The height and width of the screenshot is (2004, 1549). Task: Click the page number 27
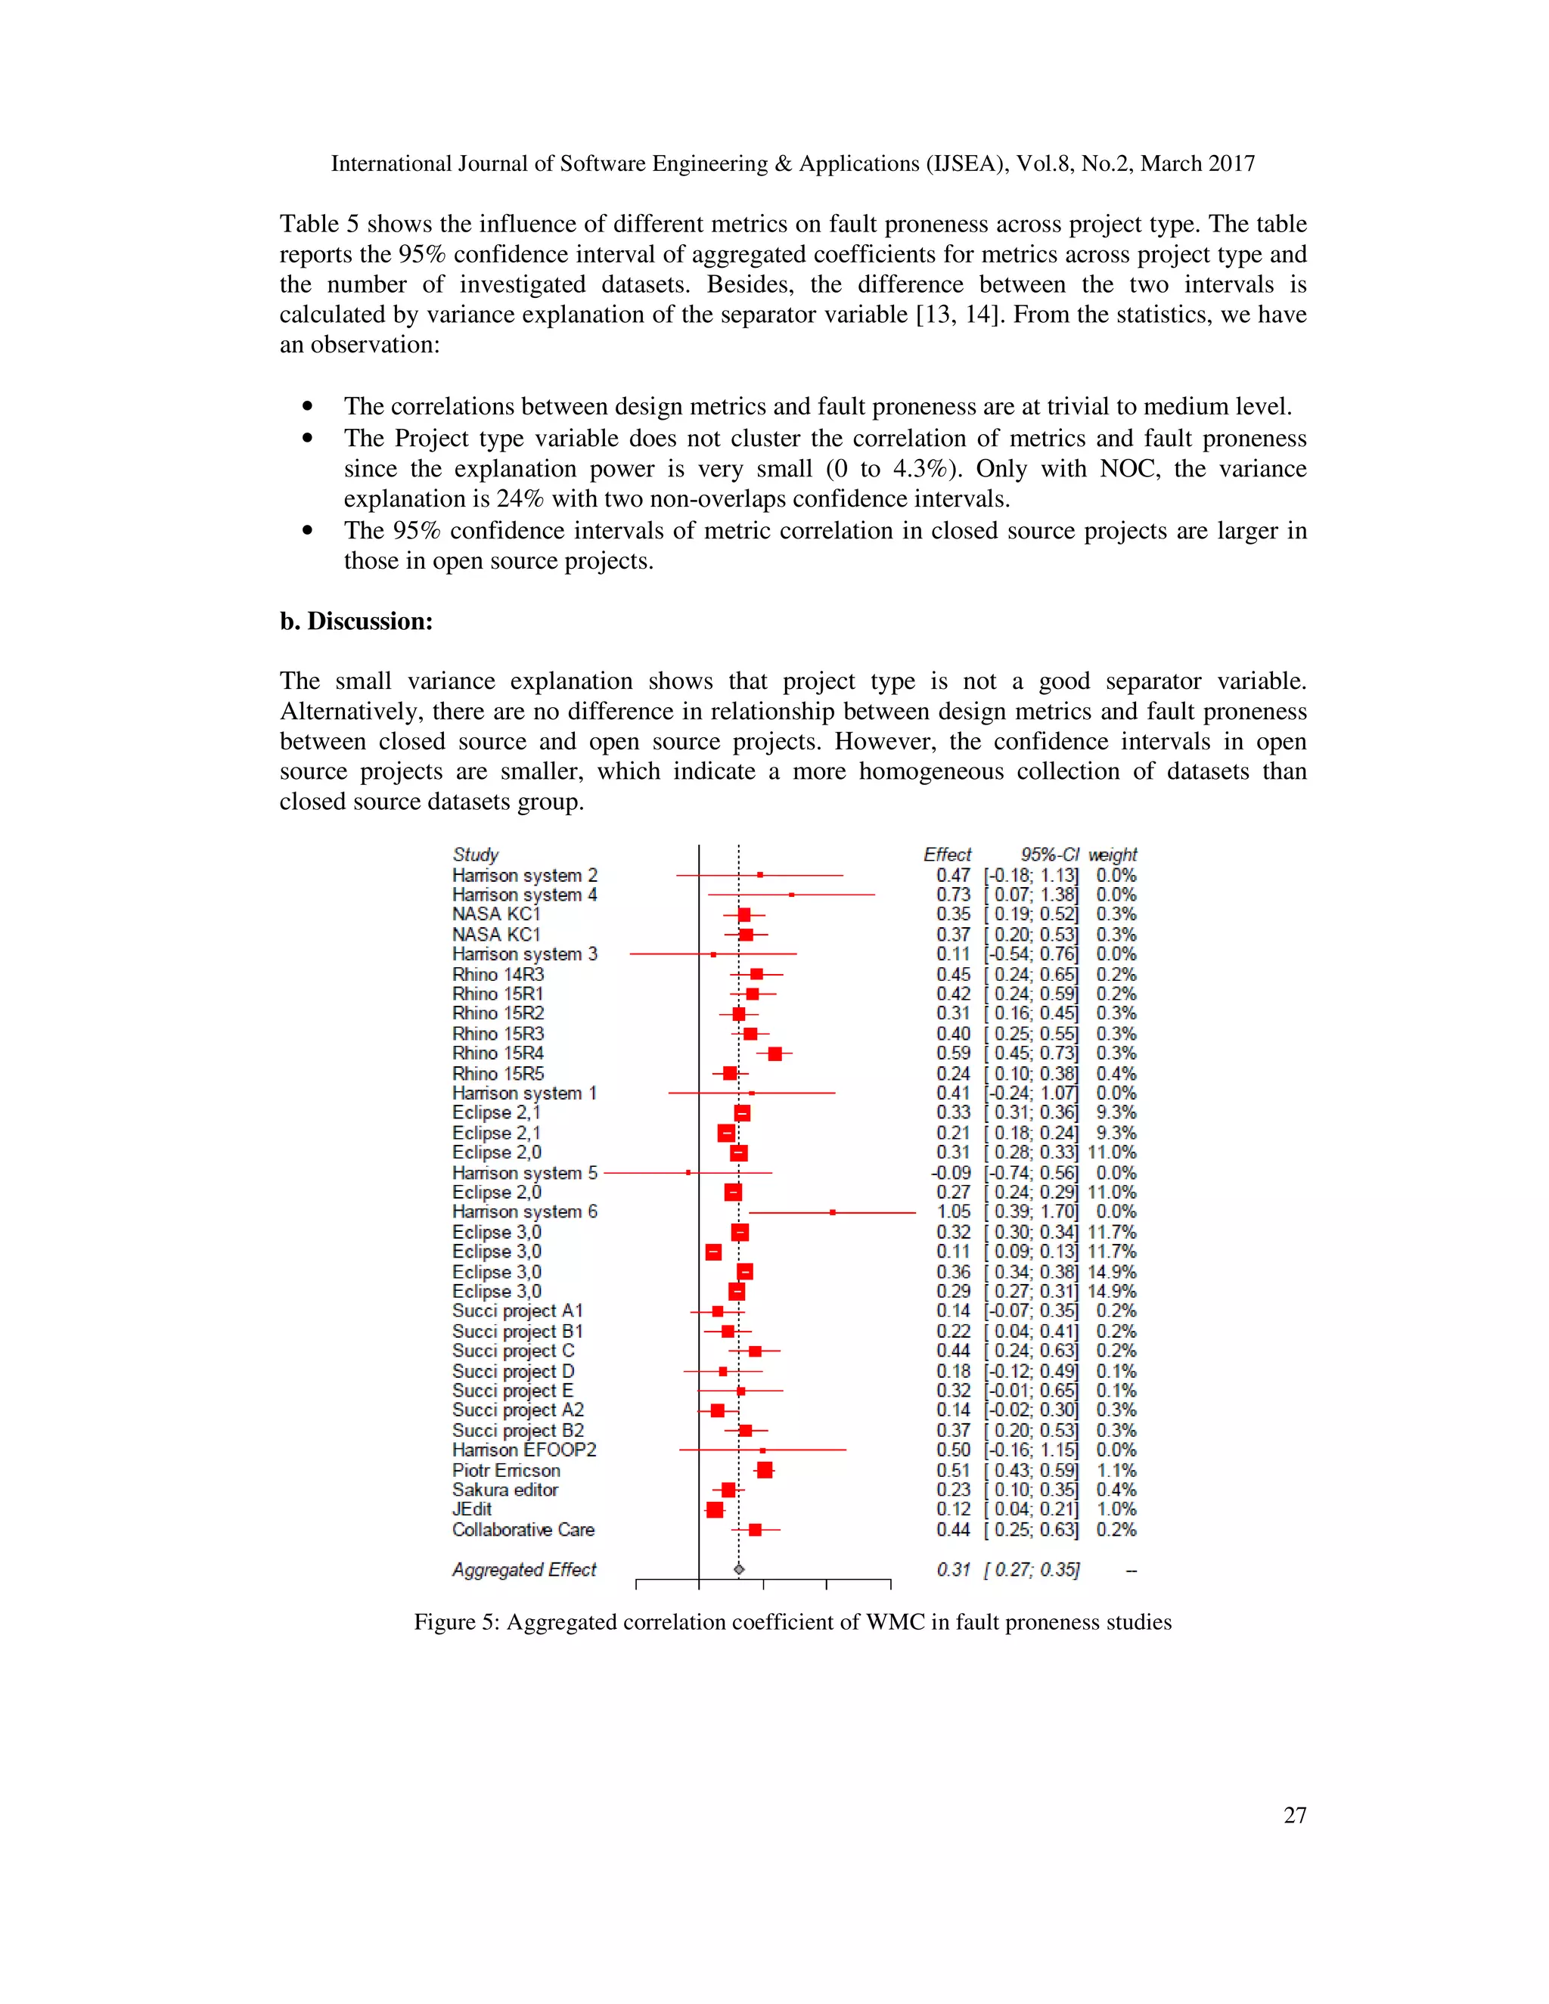click(1294, 1815)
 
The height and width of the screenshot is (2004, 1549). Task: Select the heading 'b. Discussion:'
click(356, 621)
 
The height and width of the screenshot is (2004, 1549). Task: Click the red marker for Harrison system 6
click(832, 1212)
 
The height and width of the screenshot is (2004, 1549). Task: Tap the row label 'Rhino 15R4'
click(498, 1053)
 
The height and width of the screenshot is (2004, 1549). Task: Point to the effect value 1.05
click(954, 1211)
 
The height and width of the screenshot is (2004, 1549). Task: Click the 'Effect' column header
click(946, 855)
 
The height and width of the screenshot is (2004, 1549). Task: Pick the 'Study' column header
click(475, 855)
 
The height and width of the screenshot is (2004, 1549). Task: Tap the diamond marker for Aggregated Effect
click(739, 1569)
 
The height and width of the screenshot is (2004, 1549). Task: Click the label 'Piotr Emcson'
click(506, 1470)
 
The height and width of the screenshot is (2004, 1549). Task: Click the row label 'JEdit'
click(472, 1509)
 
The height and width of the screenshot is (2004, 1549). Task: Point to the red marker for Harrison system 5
click(688, 1173)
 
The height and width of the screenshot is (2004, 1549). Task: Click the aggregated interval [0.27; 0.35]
click(1032, 1569)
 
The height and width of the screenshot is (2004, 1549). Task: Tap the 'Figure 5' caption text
click(792, 1621)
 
